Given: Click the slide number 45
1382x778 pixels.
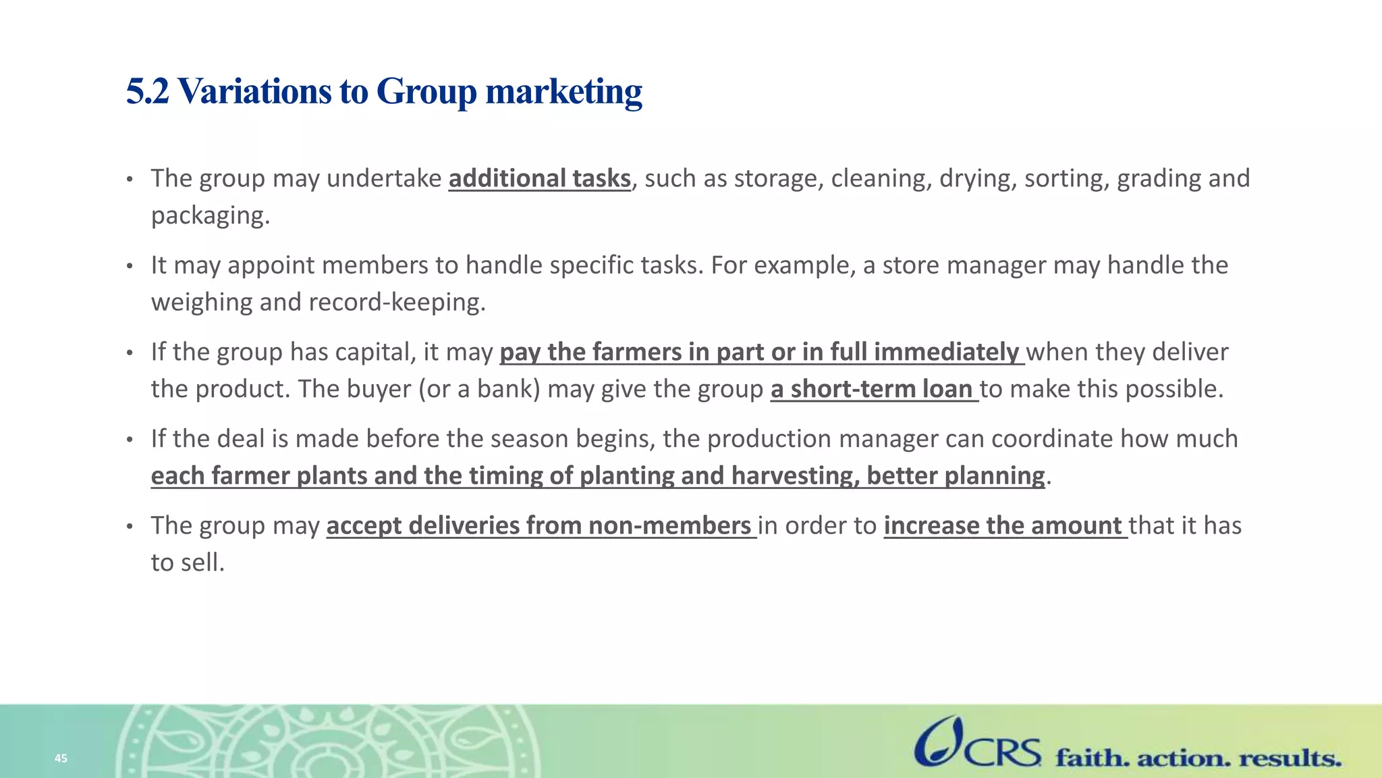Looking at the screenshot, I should [61, 758].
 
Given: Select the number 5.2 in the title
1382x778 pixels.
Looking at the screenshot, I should [147, 91].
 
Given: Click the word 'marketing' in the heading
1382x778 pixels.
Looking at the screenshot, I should [563, 91].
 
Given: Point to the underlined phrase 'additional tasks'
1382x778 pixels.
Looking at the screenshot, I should [539, 178].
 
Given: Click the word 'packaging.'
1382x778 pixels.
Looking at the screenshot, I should [210, 215].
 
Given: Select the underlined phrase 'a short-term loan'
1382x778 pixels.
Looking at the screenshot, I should [873, 389].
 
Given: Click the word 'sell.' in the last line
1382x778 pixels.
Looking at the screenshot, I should [202, 563].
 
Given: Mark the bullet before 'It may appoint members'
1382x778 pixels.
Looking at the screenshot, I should [130, 266].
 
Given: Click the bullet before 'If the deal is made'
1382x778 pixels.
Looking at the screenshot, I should [130, 440].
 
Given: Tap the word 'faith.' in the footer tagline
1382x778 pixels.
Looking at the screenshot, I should [1092, 758].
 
